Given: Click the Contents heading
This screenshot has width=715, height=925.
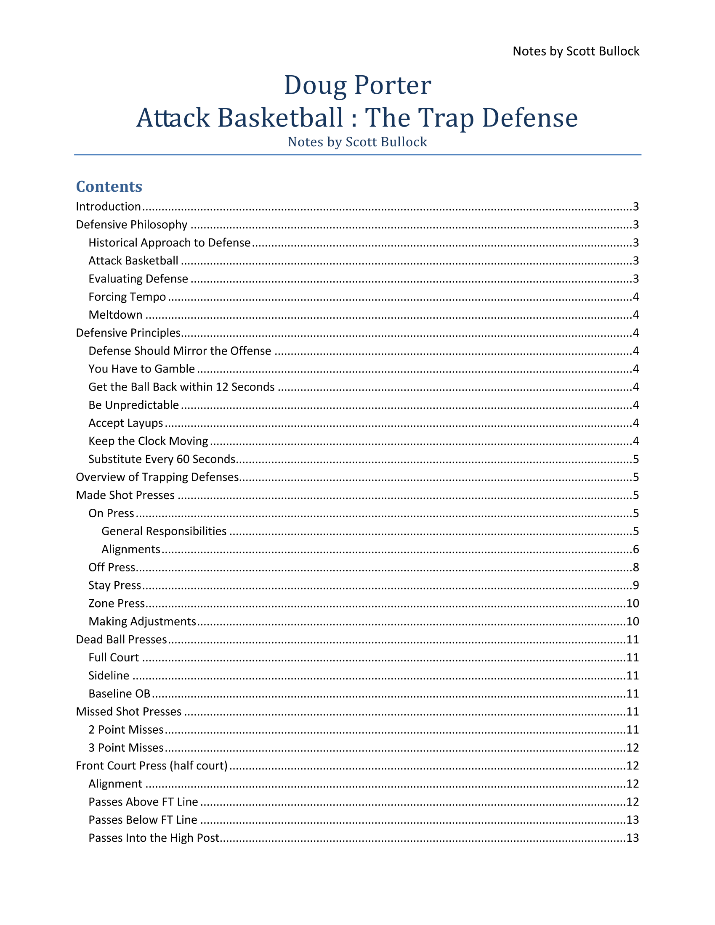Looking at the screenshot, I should pyautogui.click(x=109, y=187).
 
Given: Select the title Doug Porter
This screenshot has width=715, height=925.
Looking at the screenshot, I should pyautogui.click(x=357, y=85).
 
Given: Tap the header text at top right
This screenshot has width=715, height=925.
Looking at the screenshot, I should pyautogui.click(x=576, y=51).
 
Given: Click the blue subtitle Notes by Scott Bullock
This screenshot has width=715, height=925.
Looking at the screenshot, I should pyautogui.click(x=357, y=142).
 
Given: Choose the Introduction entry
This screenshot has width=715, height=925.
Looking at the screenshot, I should pyautogui.click(x=109, y=207).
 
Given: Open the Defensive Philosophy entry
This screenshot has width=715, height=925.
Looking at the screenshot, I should pyautogui.click(x=131, y=225).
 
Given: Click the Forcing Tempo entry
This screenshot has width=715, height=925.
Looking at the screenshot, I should pyautogui.click(x=127, y=297).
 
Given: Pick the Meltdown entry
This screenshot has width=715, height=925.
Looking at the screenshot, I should pyautogui.click(x=115, y=315).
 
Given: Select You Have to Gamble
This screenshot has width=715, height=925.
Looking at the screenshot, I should pyautogui.click(x=141, y=369).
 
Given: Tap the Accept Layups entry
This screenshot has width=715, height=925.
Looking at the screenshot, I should pyautogui.click(x=126, y=423).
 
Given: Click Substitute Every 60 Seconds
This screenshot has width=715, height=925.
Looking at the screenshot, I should pyautogui.click(x=162, y=459).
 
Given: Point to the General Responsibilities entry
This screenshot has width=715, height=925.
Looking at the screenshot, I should pyautogui.click(x=164, y=531).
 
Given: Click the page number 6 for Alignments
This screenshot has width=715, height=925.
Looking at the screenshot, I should pyautogui.click(x=636, y=550).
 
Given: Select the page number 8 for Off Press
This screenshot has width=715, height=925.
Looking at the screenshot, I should pyautogui.click(x=636, y=568).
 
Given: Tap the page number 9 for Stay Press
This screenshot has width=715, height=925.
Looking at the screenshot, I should pyautogui.click(x=636, y=585).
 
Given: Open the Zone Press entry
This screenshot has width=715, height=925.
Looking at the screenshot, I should pyautogui.click(x=117, y=603).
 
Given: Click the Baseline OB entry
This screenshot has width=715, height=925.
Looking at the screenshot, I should pyautogui.click(x=120, y=694).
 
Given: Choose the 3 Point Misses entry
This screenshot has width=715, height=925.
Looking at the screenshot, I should pyautogui.click(x=126, y=748).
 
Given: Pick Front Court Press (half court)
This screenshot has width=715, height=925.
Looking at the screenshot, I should pyautogui.click(x=152, y=766).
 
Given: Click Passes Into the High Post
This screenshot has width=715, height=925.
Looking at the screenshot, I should pyautogui.click(x=154, y=838).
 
